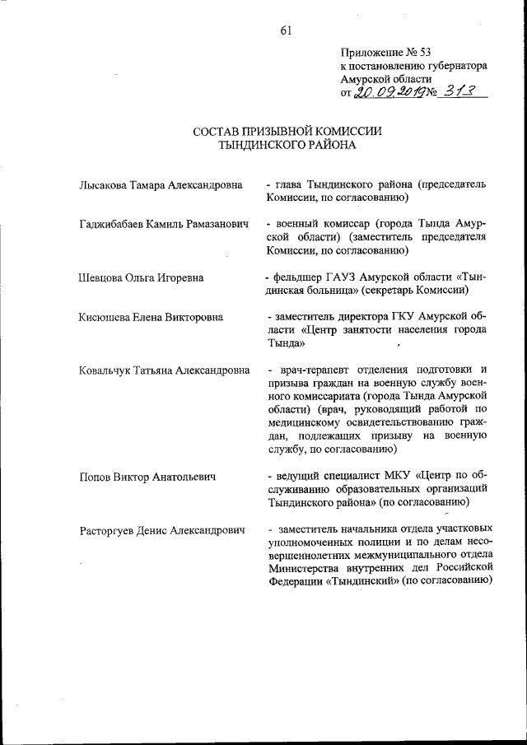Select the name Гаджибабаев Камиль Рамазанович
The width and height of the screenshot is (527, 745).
[163, 224]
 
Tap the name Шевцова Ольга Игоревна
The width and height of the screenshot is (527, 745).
[141, 278]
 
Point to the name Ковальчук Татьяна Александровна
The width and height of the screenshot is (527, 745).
[164, 370]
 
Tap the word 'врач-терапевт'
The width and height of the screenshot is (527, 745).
[312, 370]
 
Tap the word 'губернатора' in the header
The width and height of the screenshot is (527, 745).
[456, 65]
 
